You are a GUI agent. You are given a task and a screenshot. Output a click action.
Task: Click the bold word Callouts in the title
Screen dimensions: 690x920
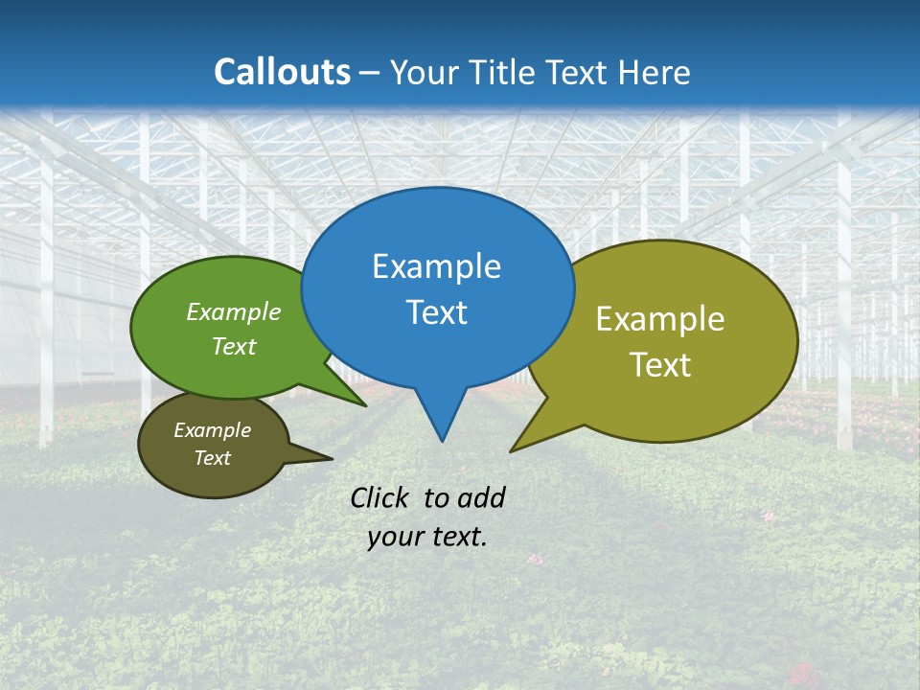click(x=282, y=72)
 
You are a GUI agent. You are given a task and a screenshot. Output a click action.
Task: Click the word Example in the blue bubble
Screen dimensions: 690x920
click(x=436, y=266)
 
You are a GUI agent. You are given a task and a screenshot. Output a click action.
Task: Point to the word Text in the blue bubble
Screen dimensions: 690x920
click(x=436, y=312)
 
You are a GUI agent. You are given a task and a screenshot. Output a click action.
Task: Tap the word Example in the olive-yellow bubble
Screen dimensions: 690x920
click(x=660, y=319)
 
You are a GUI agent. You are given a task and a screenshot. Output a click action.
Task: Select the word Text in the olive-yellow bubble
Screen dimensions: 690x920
click(x=660, y=365)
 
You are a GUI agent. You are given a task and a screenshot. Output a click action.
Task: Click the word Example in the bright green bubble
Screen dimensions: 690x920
click(x=234, y=311)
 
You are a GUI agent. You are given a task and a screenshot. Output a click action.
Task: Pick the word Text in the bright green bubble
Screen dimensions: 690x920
click(x=234, y=346)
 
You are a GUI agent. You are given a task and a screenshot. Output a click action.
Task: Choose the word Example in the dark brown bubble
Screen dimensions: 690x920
click(x=212, y=430)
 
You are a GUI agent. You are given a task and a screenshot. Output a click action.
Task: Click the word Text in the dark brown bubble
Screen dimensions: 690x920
click(x=212, y=458)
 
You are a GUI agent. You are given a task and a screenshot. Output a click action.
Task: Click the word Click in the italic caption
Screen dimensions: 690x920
click(x=381, y=497)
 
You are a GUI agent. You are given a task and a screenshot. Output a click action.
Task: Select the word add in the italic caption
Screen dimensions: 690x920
click(x=481, y=497)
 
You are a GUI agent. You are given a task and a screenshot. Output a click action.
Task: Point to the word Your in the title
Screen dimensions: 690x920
click(x=423, y=72)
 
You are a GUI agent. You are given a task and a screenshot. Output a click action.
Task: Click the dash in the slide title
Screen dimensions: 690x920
click(x=371, y=73)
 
